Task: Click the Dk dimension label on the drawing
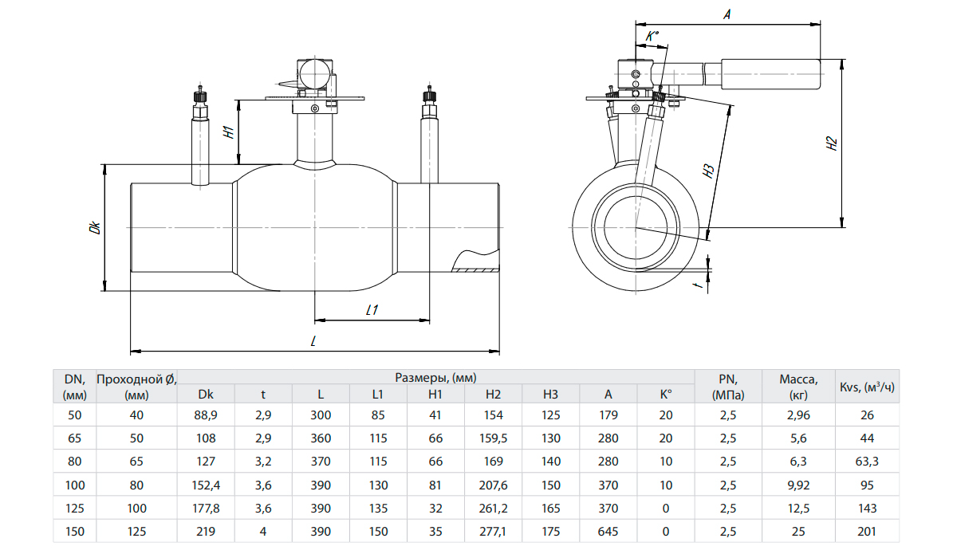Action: click(x=95, y=227)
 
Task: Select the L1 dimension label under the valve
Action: click(x=372, y=311)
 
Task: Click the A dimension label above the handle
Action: click(x=727, y=14)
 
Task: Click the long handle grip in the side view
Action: click(x=771, y=73)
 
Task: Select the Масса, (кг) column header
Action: click(x=798, y=387)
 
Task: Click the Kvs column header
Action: click(x=867, y=387)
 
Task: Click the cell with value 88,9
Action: click(x=206, y=415)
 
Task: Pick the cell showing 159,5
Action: click(x=493, y=438)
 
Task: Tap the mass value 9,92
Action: click(x=798, y=485)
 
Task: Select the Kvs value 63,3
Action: click(x=867, y=462)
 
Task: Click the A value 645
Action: click(x=608, y=531)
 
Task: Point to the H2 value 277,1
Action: click(x=493, y=531)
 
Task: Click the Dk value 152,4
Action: click(x=206, y=485)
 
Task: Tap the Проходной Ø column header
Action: click(x=136, y=387)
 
